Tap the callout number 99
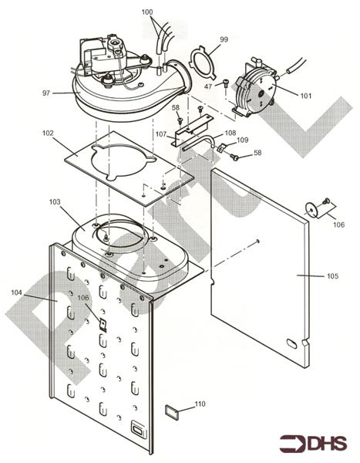pyautogui.click(x=224, y=39)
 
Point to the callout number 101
pyautogui.click(x=305, y=96)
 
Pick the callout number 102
pyautogui.click(x=48, y=133)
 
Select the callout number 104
pyautogui.click(x=18, y=293)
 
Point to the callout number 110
pyautogui.click(x=200, y=404)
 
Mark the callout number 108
pyautogui.click(x=230, y=133)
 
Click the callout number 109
pyautogui.click(x=242, y=140)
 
